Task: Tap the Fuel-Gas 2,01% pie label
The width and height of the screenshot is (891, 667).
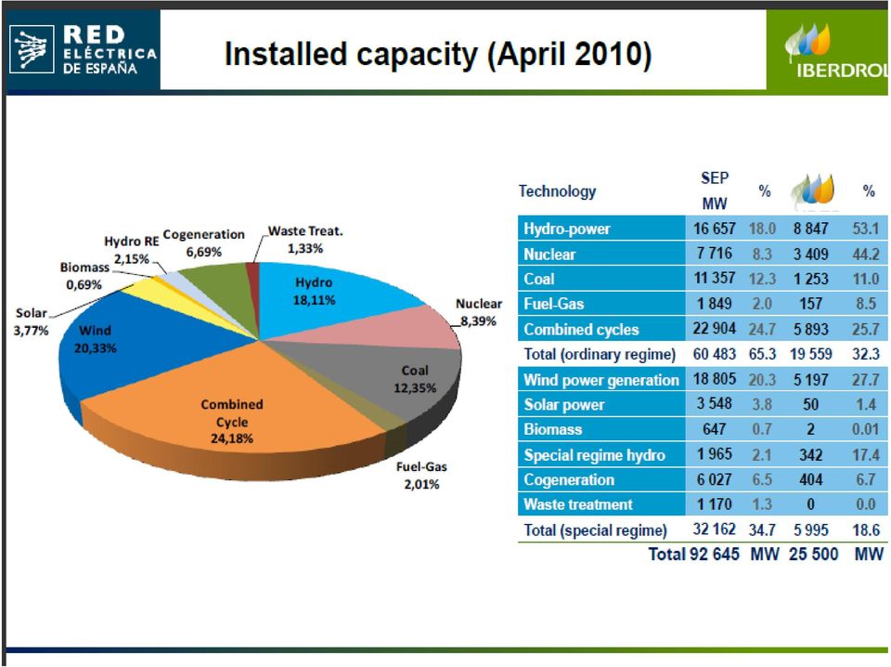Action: [x=421, y=476]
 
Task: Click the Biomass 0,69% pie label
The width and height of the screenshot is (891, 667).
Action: [x=84, y=276]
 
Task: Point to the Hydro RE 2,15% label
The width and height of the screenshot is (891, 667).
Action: [x=131, y=250]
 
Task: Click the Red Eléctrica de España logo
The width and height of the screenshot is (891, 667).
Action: [x=83, y=50]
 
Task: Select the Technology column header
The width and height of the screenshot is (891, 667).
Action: [x=557, y=191]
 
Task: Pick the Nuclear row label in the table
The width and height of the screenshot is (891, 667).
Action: [x=549, y=255]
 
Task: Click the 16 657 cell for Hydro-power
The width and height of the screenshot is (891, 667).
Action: [x=715, y=229]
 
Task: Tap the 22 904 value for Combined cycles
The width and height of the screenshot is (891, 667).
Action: [x=715, y=329]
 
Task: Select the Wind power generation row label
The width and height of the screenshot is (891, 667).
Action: [x=601, y=380]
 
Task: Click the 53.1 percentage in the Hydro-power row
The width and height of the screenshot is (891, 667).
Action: [x=866, y=229]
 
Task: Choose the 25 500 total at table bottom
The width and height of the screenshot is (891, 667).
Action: [x=813, y=554]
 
